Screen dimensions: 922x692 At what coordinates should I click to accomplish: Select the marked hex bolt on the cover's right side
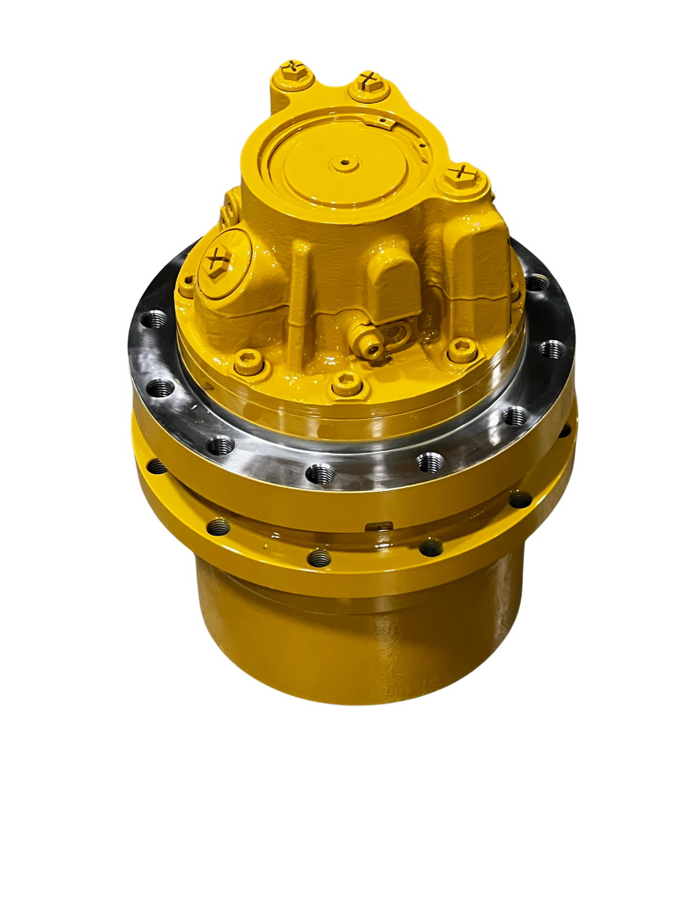461,175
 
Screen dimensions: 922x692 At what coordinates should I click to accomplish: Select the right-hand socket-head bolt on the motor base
461,350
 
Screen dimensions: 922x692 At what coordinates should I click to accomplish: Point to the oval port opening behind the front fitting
398,336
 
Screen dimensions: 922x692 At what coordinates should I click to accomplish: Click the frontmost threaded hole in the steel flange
320,473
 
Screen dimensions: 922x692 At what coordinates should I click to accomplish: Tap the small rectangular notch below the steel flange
380,526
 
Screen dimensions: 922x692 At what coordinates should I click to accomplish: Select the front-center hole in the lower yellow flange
319,558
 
